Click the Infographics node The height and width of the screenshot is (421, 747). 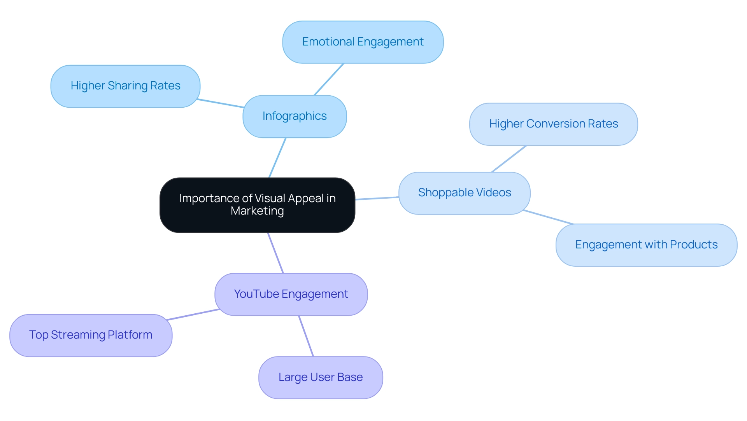click(x=295, y=116)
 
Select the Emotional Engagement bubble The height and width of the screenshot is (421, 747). click(x=363, y=42)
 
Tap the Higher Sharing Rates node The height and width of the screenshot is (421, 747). click(x=125, y=86)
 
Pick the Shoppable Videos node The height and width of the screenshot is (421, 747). click(x=464, y=193)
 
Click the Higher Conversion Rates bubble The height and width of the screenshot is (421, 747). click(x=553, y=124)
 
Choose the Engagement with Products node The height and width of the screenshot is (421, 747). click(x=646, y=245)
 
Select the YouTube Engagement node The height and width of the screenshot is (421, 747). click(x=291, y=294)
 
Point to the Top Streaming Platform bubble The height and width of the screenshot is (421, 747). click(x=91, y=335)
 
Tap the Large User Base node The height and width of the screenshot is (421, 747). click(x=321, y=377)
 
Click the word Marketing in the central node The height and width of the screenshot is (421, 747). click(x=257, y=211)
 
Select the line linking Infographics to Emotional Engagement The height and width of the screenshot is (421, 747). click(x=329, y=79)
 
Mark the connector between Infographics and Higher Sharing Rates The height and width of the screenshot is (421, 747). click(x=221, y=103)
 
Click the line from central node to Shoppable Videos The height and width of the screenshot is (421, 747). click(x=377, y=198)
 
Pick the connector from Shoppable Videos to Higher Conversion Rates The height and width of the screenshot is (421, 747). click(x=509, y=159)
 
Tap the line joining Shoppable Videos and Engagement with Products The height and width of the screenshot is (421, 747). click(x=549, y=217)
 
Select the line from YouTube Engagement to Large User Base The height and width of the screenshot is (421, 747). click(x=306, y=336)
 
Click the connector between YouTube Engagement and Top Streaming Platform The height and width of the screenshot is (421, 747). click(x=193, y=315)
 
